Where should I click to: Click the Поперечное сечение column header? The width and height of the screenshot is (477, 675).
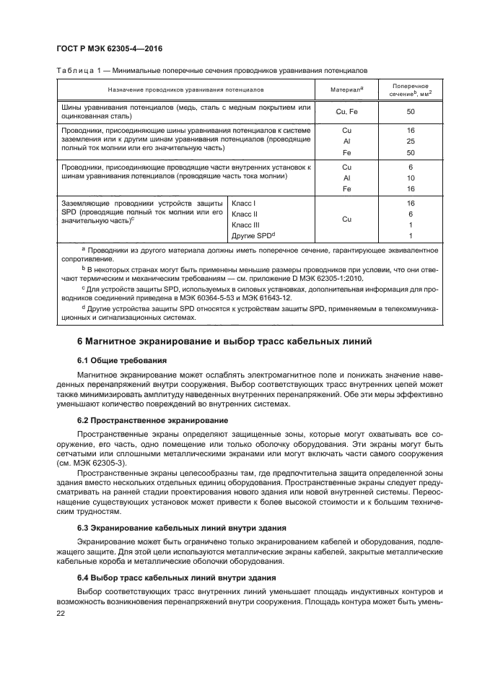point(411,90)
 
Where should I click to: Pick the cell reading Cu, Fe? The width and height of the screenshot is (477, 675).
point(346,112)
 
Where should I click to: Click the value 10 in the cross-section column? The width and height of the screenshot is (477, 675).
point(411,177)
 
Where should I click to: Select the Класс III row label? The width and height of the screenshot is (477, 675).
point(247,225)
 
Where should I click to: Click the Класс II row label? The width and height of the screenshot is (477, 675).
point(245,214)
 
